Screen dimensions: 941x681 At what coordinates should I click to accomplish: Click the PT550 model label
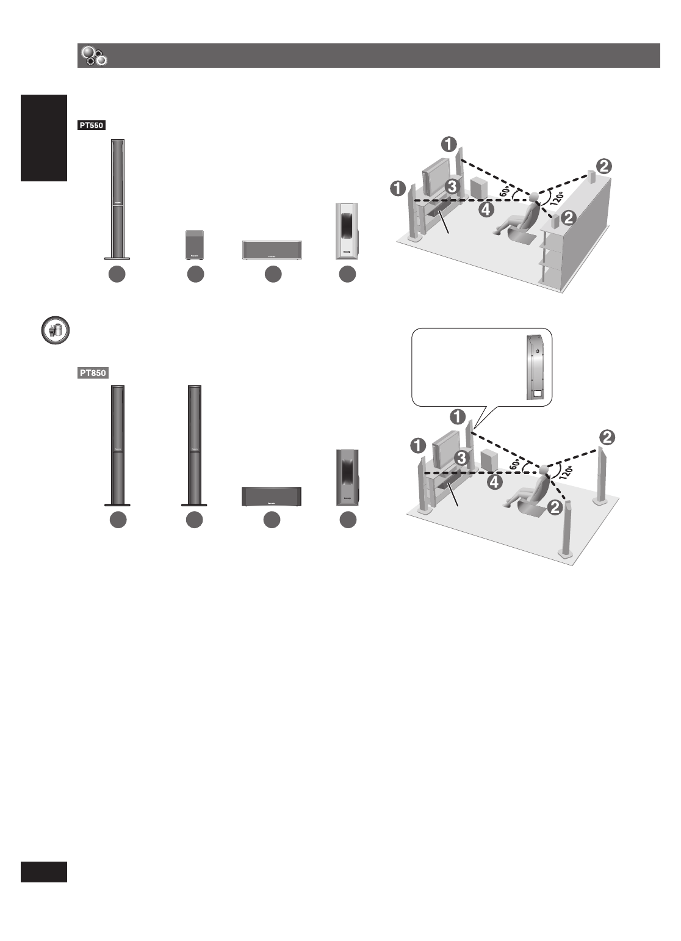click(x=92, y=125)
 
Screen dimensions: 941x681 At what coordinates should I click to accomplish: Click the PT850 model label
click(x=93, y=373)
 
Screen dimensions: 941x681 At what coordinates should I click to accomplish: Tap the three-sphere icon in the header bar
click(x=94, y=56)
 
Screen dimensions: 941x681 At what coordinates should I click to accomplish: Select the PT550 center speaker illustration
click(x=272, y=250)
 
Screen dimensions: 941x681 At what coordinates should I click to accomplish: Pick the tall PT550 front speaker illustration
click(x=117, y=199)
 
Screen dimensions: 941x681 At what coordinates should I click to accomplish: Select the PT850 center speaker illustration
click(x=271, y=497)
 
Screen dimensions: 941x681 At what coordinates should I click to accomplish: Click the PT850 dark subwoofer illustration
click(x=347, y=478)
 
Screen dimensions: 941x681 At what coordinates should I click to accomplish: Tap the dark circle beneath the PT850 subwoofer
click(x=348, y=520)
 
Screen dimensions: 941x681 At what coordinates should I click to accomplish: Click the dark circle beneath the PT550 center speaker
click(x=273, y=275)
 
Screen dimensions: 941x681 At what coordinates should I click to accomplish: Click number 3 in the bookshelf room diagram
click(x=451, y=187)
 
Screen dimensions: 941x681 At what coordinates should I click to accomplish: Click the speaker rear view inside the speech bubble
click(x=535, y=368)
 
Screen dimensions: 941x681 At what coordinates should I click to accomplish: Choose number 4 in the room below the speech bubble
click(x=495, y=482)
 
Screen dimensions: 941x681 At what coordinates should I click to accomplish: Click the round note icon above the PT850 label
click(x=55, y=330)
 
